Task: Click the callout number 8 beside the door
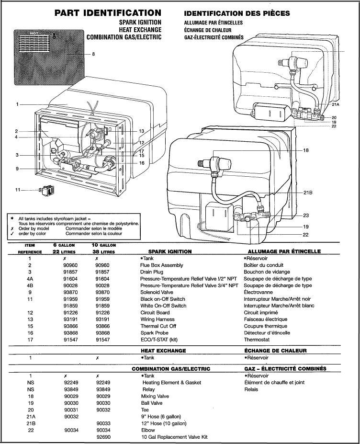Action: [x=93, y=54]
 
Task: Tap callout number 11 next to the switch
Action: [x=18, y=190]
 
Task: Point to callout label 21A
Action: [x=336, y=104]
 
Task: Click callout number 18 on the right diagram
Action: [x=306, y=150]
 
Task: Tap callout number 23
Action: [x=306, y=215]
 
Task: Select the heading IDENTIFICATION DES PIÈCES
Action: [x=236, y=13]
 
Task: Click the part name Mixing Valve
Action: [x=154, y=397]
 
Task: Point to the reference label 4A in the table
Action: [x=30, y=278]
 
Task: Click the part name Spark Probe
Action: [x=155, y=332]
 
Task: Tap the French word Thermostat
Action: [x=257, y=339]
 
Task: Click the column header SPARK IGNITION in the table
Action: [x=170, y=251]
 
